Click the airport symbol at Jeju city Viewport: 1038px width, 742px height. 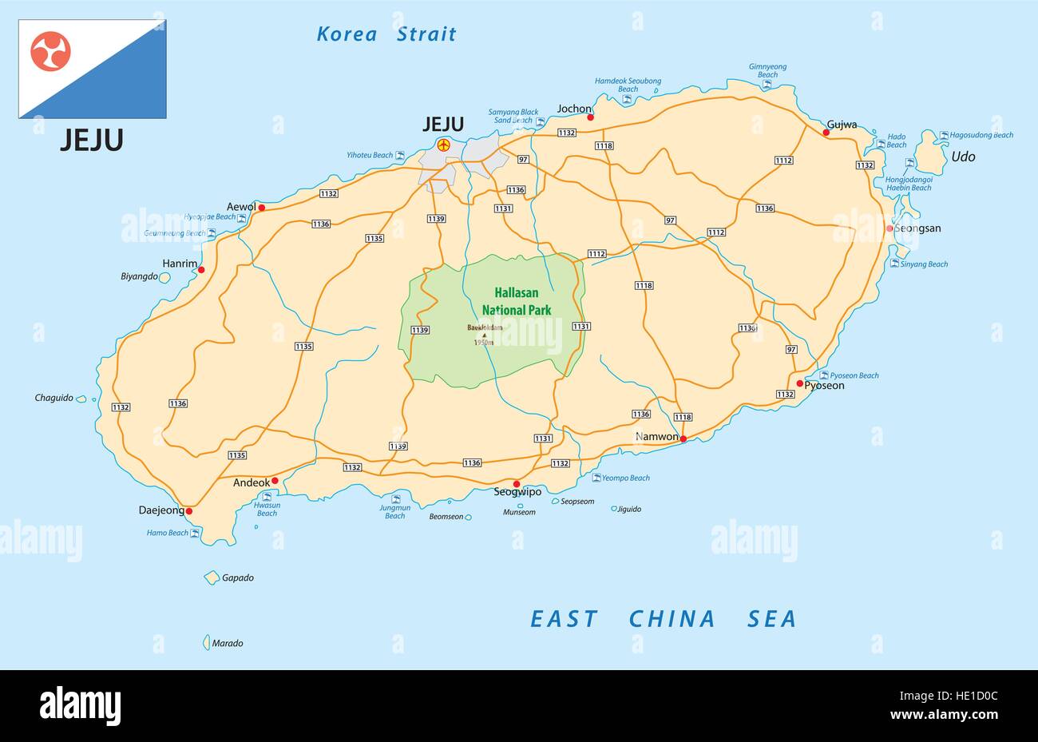tap(443, 145)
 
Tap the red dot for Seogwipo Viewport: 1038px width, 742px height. tap(517, 483)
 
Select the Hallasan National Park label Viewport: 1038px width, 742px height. tap(516, 302)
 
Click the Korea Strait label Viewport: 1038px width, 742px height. tap(386, 34)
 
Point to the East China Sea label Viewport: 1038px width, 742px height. tap(664, 619)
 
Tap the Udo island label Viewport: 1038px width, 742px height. tap(963, 157)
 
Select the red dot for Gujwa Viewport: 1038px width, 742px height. tap(826, 133)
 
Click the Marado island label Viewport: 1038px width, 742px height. tap(228, 643)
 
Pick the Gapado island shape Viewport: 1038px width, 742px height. tap(212, 577)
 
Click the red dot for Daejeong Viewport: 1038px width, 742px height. tap(189, 511)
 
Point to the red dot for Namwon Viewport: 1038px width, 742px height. tap(683, 438)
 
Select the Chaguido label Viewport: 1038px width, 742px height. tap(53, 397)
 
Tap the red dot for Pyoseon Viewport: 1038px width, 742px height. tap(799, 383)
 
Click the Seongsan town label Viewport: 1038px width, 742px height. tap(917, 228)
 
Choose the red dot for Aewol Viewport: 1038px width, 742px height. tap(261, 207)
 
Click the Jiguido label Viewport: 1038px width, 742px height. tap(629, 509)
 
